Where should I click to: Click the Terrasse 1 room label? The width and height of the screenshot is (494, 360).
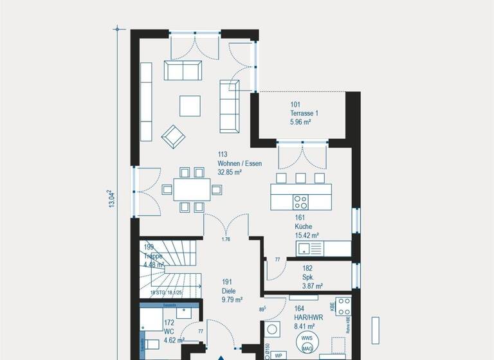pos(304,113)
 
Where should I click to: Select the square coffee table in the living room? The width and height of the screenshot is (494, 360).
pos(190,105)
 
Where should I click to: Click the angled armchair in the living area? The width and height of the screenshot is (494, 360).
pos(173,136)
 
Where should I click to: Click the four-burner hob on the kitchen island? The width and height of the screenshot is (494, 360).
pos(300,202)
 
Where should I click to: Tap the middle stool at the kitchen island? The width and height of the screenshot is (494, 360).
pos(300,178)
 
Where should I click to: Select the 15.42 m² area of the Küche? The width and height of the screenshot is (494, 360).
pos(306,236)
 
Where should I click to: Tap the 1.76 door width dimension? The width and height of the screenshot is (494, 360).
pos(226,240)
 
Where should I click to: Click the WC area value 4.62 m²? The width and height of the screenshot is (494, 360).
pos(174,341)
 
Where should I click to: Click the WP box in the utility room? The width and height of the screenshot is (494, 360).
pos(279,354)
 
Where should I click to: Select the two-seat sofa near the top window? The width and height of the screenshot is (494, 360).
pos(183,70)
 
